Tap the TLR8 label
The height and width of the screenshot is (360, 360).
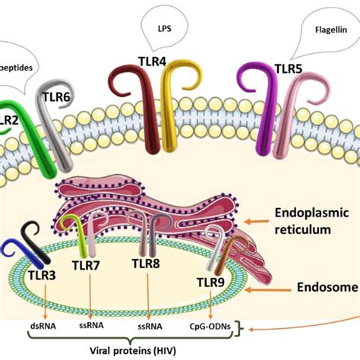pos(147,264)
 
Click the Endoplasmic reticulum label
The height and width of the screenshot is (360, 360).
pos(309,225)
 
